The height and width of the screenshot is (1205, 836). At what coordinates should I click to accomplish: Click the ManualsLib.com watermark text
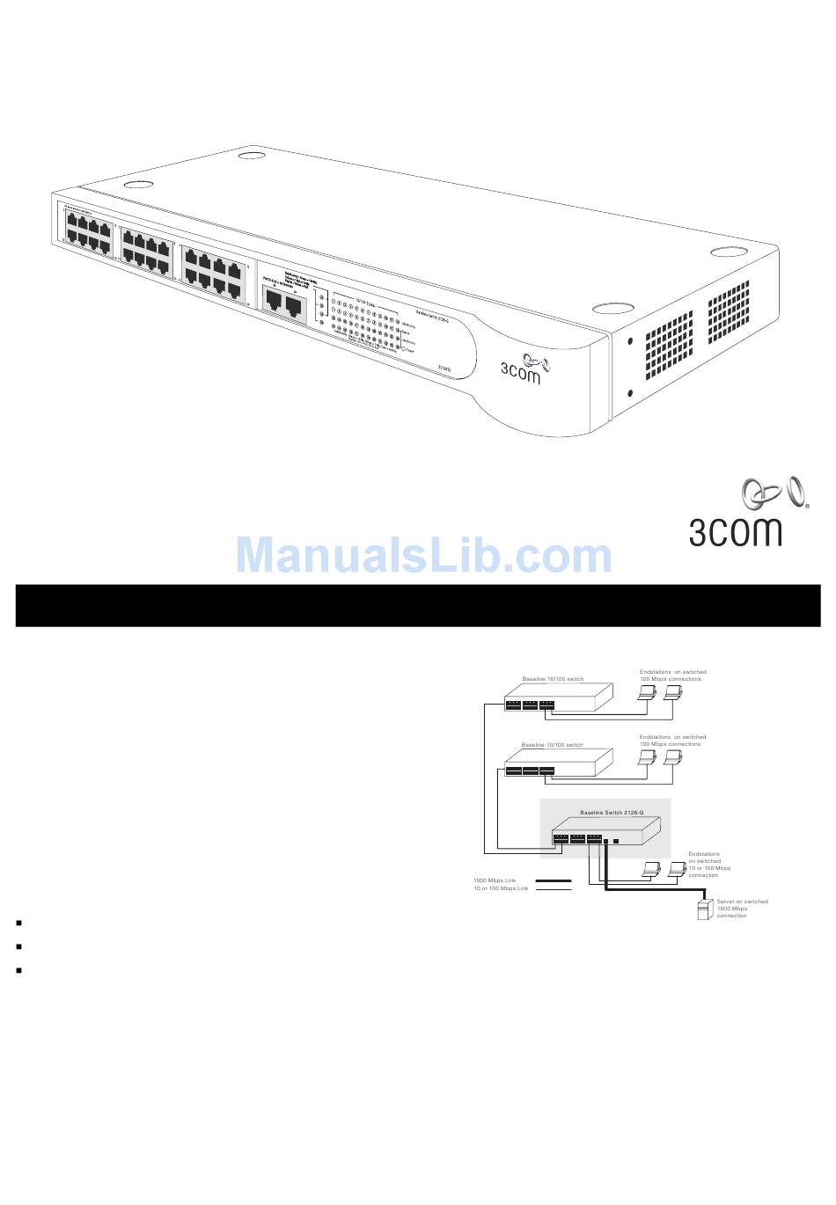[424, 555]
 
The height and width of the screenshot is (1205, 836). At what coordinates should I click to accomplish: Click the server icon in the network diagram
[704, 909]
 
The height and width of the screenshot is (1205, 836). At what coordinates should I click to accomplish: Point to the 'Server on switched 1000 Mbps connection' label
[741, 909]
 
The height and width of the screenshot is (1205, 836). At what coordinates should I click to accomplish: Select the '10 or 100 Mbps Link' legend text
[501, 889]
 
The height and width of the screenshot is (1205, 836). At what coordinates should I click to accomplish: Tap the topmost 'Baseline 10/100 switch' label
[553, 679]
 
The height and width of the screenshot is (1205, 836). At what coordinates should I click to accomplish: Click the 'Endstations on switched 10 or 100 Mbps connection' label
[709, 865]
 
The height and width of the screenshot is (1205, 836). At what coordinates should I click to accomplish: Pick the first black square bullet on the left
[18, 924]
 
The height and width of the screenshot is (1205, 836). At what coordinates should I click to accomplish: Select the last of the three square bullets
[18, 970]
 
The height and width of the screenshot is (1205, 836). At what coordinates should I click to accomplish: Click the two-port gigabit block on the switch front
[285, 304]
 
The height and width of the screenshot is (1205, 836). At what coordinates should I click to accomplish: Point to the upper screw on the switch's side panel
[630, 340]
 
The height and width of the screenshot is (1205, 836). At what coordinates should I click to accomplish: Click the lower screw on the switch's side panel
[630, 393]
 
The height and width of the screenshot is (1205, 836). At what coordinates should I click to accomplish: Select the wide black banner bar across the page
[418, 605]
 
